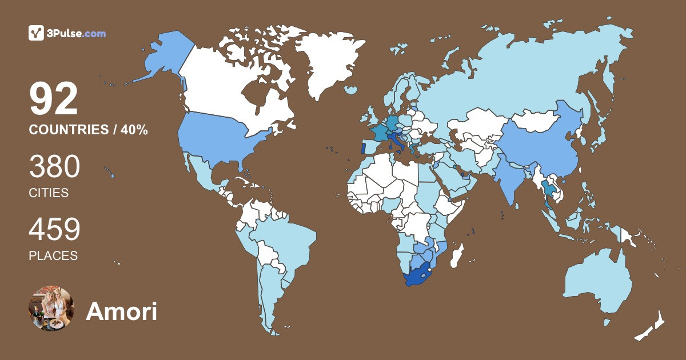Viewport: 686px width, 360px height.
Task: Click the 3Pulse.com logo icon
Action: coord(37,33)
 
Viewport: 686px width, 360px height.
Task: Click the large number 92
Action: coord(54,99)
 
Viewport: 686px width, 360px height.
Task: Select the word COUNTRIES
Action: coord(68,130)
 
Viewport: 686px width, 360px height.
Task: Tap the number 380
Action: coord(54,167)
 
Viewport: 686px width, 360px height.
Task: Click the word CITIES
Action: coord(49,193)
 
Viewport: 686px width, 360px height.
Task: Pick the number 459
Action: coord(54,230)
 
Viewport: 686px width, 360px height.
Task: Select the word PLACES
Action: coord(53,255)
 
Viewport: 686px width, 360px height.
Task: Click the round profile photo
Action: coord(51,309)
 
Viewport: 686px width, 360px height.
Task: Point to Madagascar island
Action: coord(457,255)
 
